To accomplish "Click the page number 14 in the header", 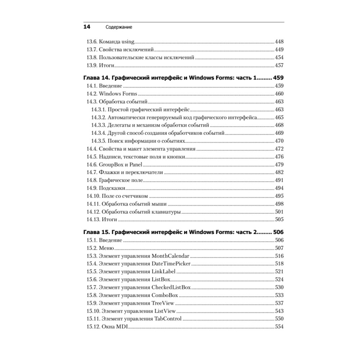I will tap(87, 27).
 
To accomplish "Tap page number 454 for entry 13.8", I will tap(279, 57).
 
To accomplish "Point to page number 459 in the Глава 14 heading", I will tap(279, 77).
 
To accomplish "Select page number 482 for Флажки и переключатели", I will tap(279, 172).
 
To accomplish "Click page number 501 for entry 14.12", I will tap(279, 212).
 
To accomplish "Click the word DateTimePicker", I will tap(171, 264).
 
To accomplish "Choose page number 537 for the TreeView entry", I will tap(279, 303).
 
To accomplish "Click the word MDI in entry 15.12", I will tap(122, 327).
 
